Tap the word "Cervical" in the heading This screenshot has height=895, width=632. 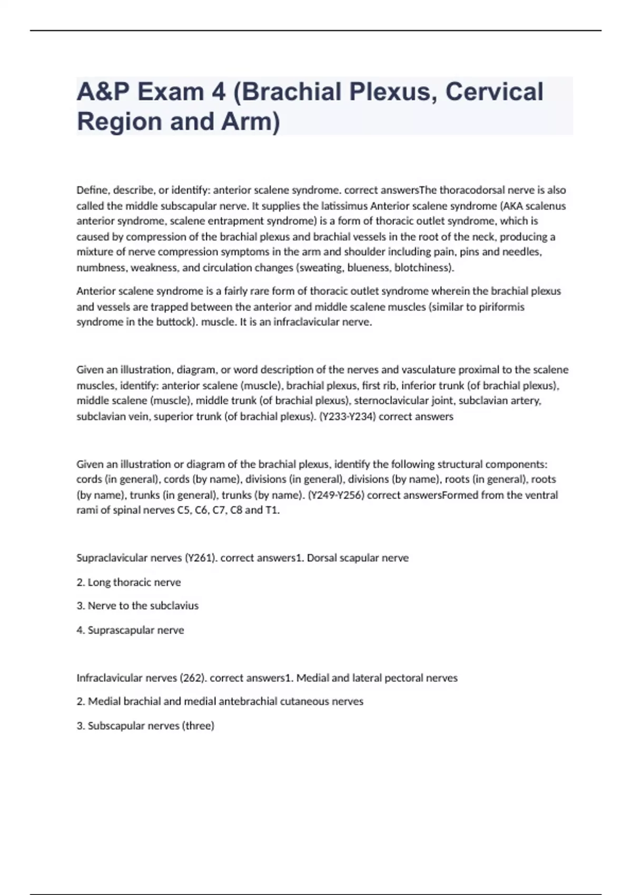click(494, 92)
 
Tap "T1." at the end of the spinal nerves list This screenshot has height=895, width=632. click(273, 510)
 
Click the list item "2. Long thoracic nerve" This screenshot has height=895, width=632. click(129, 582)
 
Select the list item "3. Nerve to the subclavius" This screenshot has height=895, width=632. click(138, 606)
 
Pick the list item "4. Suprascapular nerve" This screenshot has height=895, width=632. click(131, 630)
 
